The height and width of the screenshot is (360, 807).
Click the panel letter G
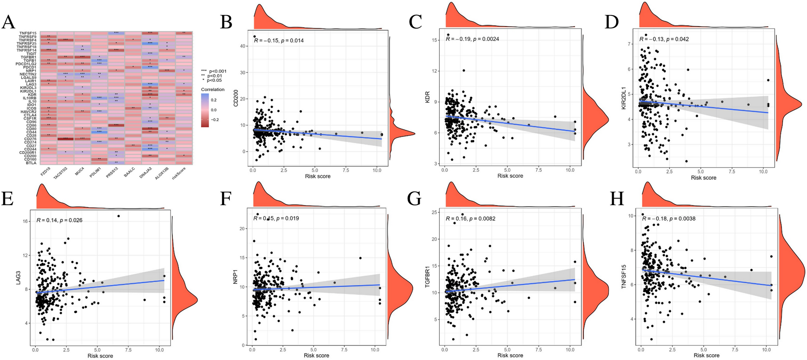pyautogui.click(x=414, y=199)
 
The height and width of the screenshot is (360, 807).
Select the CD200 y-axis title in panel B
pyautogui.click(x=236, y=99)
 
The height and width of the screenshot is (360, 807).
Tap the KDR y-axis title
pyautogui.click(x=427, y=97)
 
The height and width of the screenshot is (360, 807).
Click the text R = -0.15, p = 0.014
pyautogui.click(x=279, y=40)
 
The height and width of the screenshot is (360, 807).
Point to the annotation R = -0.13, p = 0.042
pyautogui.click(x=664, y=39)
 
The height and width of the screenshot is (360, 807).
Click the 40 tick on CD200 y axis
pyautogui.click(x=243, y=46)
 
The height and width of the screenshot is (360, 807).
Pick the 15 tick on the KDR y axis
pyautogui.click(x=435, y=40)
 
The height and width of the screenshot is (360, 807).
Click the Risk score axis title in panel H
pyautogui.click(x=706, y=355)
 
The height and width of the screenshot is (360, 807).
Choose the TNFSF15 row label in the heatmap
pyautogui.click(x=28, y=33)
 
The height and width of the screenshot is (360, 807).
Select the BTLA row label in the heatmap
pyautogui.click(x=31, y=163)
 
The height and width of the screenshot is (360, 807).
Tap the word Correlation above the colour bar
pyautogui.click(x=212, y=89)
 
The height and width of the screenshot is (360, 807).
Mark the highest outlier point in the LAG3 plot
pyautogui.click(x=118, y=216)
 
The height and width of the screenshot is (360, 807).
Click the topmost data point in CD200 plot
pyautogui.click(x=255, y=36)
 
